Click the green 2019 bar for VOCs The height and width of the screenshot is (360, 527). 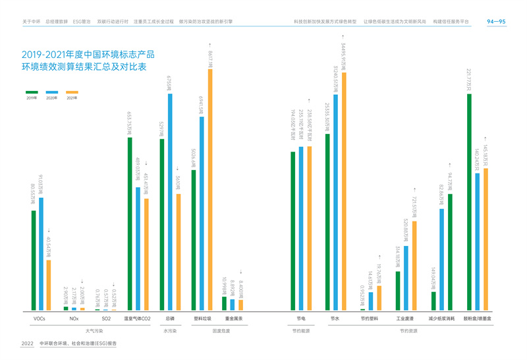pyautogui.click(x=34, y=260)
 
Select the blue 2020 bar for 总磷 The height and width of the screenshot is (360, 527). pyautogui.click(x=169, y=202)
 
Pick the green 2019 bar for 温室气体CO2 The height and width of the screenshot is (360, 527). pyautogui.click(x=130, y=224)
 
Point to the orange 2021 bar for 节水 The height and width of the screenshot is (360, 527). pyautogui.click(x=343, y=191)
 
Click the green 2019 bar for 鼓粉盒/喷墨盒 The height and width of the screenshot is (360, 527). pyautogui.click(x=469, y=202)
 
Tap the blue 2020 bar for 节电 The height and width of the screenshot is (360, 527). pyautogui.click(x=301, y=228)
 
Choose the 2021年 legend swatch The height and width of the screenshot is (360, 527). pyautogui.click(x=72, y=92)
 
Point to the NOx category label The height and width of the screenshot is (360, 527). pyautogui.click(x=74, y=319)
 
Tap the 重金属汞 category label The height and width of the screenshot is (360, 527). pyautogui.click(x=233, y=319)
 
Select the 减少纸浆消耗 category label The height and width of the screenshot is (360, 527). pyautogui.click(x=443, y=319)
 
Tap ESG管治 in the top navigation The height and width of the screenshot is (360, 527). pyautogui.click(x=82, y=22)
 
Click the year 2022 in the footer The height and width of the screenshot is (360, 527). pyautogui.click(x=28, y=344)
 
